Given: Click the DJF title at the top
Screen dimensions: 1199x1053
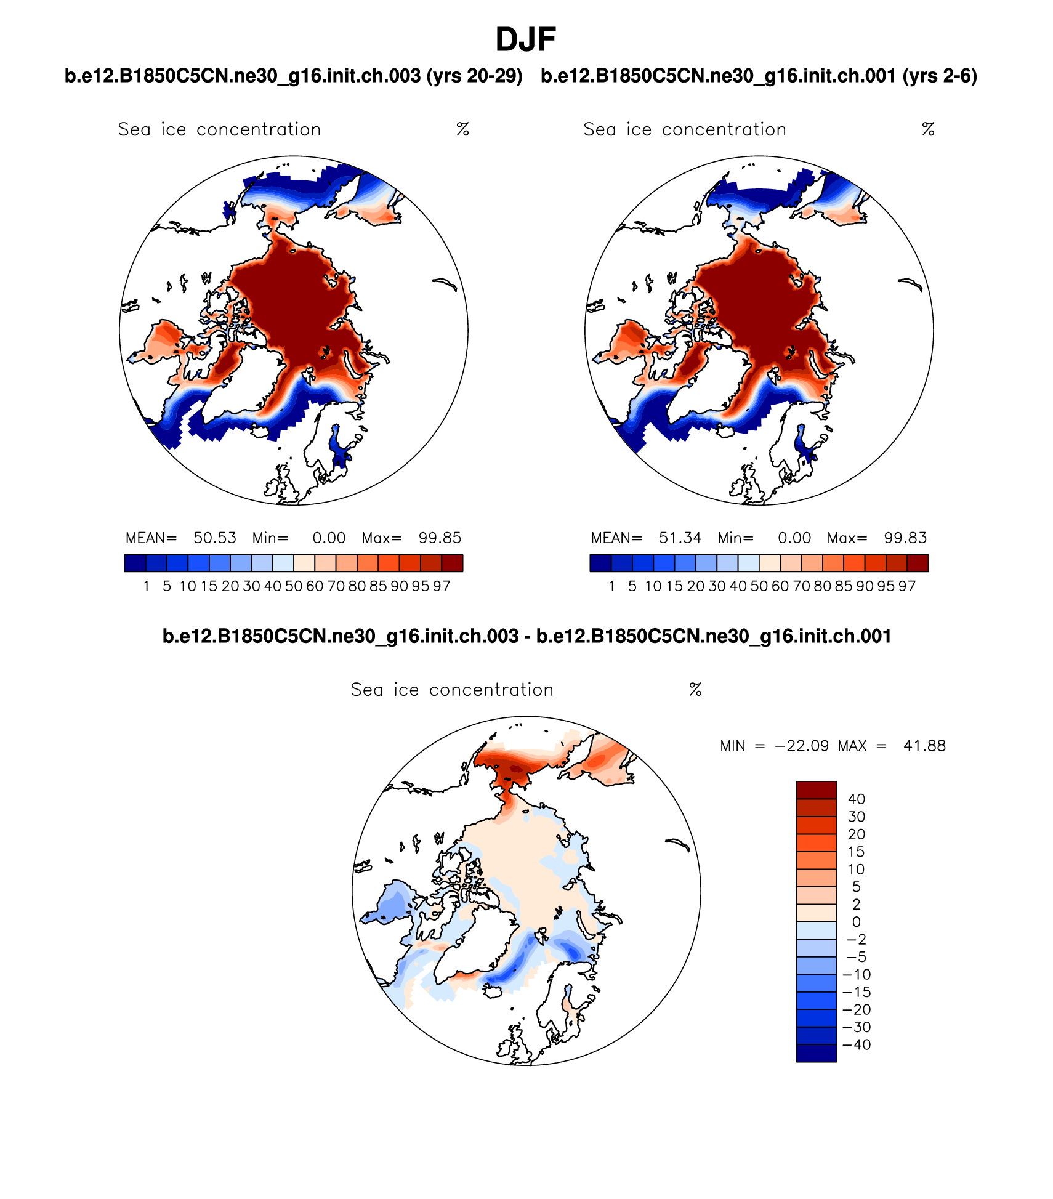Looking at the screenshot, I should tap(526, 40).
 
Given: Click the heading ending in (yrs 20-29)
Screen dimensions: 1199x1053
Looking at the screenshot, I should tap(294, 76).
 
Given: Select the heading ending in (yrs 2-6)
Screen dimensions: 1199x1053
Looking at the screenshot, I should tap(759, 76).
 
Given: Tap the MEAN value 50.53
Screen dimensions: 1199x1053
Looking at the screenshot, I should tap(215, 538).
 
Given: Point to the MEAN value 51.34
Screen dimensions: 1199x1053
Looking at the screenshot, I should tap(680, 538).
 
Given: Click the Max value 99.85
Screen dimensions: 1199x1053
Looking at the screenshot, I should tap(440, 538).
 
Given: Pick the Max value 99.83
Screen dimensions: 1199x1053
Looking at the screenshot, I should tap(905, 538).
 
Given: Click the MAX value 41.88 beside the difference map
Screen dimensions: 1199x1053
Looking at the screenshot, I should tap(924, 746).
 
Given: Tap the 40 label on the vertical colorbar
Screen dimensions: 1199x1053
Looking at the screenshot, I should tap(857, 799).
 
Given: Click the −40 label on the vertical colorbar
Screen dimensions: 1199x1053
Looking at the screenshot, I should tap(857, 1045).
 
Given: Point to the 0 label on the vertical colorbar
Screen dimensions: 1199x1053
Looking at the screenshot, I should tap(857, 922).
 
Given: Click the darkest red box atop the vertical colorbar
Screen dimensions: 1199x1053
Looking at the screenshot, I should tap(817, 790).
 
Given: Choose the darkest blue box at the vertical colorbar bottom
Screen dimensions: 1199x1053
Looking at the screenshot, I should tap(817, 1053).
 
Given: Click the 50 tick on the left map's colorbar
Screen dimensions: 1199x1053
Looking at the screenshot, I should tap(294, 586).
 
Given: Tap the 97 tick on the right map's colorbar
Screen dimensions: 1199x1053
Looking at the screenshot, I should tap(907, 586).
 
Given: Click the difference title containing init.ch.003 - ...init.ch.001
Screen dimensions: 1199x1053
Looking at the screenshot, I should tap(526, 636).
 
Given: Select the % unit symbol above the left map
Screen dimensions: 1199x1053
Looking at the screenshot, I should tap(463, 129).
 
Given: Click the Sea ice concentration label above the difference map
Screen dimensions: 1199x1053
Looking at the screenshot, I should tap(452, 690).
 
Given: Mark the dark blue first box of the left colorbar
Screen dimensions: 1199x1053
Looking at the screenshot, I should tap(135, 563).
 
